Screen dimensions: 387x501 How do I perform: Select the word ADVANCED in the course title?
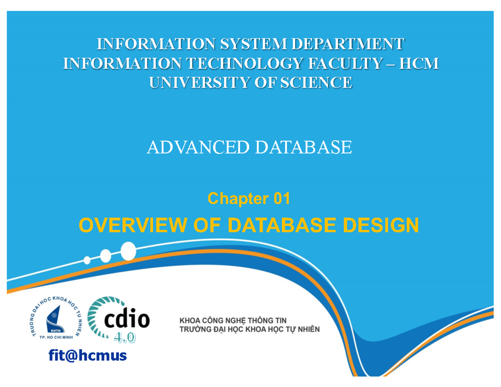click(198, 147)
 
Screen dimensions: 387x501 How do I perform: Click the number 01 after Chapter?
click(281, 199)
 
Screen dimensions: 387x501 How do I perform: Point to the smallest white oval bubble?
click(87, 260)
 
